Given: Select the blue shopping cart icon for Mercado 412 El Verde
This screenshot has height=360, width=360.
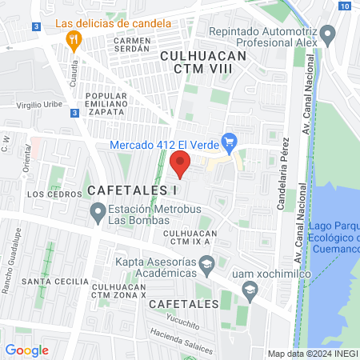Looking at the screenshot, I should (229, 145).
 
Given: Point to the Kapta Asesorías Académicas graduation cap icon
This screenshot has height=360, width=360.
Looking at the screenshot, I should (207, 264).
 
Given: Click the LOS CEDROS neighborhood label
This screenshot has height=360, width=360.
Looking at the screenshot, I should (44, 194).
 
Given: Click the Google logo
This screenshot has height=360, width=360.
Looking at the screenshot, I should (26, 350).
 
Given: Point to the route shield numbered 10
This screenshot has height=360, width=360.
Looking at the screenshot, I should (343, 6).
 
